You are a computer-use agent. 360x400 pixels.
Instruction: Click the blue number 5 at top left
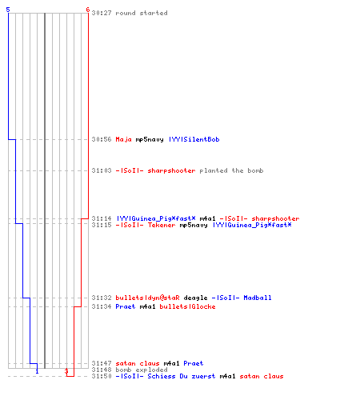(x=8, y=10)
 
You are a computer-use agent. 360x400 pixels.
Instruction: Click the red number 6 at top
(x=87, y=10)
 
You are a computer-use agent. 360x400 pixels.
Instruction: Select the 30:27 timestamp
(x=102, y=13)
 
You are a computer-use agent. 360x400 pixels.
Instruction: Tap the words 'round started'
(x=142, y=13)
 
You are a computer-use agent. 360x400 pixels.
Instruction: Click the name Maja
(x=123, y=139)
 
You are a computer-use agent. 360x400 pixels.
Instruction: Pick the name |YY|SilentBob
(x=194, y=139)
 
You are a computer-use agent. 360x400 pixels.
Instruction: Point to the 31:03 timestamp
(x=102, y=170)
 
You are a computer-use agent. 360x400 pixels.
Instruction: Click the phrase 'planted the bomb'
(x=231, y=170)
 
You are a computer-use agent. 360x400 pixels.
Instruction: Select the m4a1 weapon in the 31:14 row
(x=207, y=218)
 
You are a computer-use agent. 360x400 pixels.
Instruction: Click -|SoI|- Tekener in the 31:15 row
(x=146, y=225)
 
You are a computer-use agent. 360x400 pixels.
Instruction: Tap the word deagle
(x=195, y=298)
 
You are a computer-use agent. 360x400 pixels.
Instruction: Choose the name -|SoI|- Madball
(x=242, y=298)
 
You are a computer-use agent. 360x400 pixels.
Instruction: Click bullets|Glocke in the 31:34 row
(x=187, y=306)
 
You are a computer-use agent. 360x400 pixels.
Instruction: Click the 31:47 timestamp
(x=102, y=363)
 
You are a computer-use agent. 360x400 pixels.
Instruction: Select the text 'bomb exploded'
(x=142, y=370)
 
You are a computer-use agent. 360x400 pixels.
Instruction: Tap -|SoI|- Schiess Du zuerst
(x=166, y=376)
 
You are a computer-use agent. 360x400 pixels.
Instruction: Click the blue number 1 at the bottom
(x=37, y=371)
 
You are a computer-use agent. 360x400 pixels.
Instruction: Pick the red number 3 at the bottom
(x=66, y=371)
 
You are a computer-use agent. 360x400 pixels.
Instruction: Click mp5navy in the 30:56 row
(x=150, y=140)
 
